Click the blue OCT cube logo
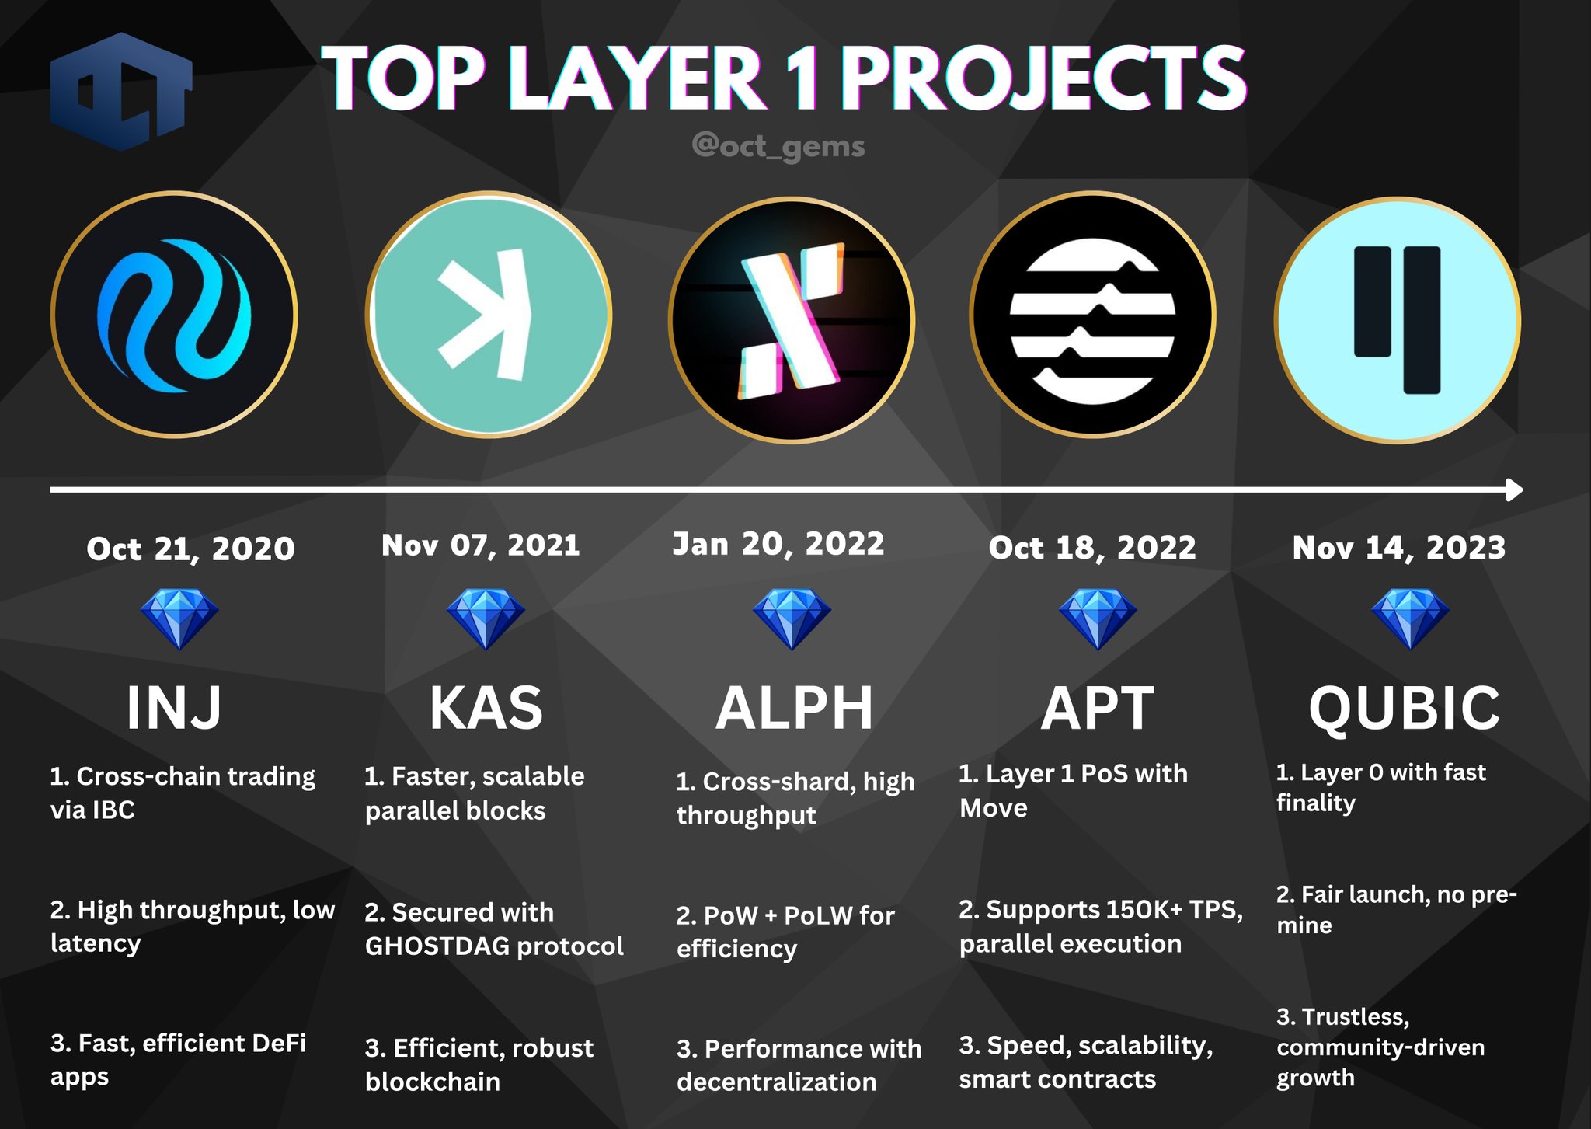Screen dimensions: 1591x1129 pyautogui.click(x=121, y=91)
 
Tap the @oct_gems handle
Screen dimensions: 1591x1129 pyautogui.click(x=778, y=146)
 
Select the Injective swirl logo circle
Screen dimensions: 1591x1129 pyautogui.click(x=174, y=315)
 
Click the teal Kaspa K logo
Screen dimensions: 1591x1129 pyautogui.click(x=489, y=315)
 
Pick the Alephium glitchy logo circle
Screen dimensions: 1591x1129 pyautogui.click(x=792, y=319)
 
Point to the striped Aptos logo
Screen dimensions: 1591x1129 pyautogui.click(x=1093, y=315)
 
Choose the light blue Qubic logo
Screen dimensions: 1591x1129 pyautogui.click(x=1398, y=319)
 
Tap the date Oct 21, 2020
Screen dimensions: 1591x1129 pyautogui.click(x=190, y=549)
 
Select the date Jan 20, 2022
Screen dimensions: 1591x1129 pyautogui.click(x=778, y=544)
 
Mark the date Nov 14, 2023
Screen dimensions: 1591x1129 pyautogui.click(x=1399, y=548)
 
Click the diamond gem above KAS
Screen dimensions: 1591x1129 pyautogui.click(x=486, y=619)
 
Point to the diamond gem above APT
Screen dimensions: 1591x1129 pyautogui.click(x=1098, y=619)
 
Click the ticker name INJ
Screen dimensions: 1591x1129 pyautogui.click(x=174, y=707)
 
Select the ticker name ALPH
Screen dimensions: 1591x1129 pyautogui.click(x=794, y=707)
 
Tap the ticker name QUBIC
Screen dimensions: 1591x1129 pyautogui.click(x=1405, y=708)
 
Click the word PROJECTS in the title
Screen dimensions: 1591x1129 pyautogui.click(x=1044, y=77)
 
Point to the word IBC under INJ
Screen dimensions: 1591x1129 pyautogui.click(x=113, y=810)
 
